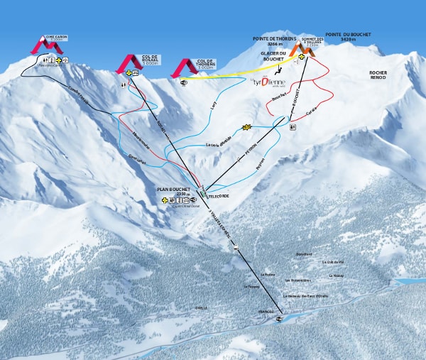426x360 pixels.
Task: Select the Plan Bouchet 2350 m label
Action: click(174, 190)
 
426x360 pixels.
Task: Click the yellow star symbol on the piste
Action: click(247, 127)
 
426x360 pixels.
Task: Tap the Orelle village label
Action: click(201, 307)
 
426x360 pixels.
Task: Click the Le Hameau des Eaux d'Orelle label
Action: click(307, 296)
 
